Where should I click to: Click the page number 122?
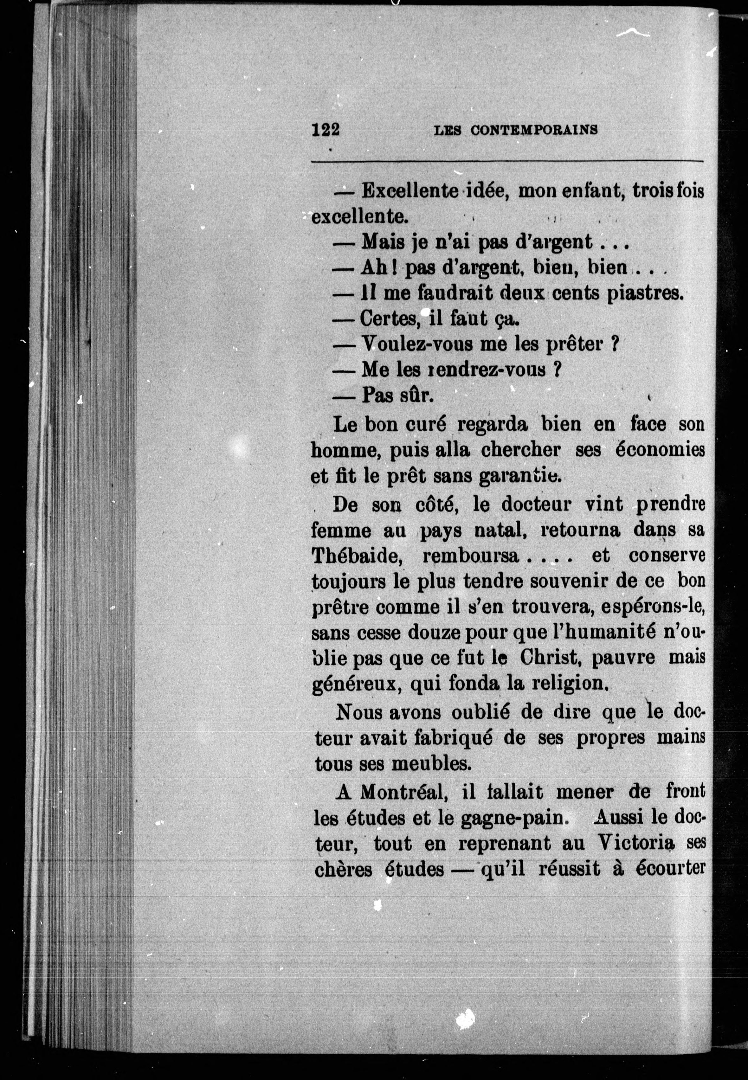[325, 129]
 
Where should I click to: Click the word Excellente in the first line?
[409, 191]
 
